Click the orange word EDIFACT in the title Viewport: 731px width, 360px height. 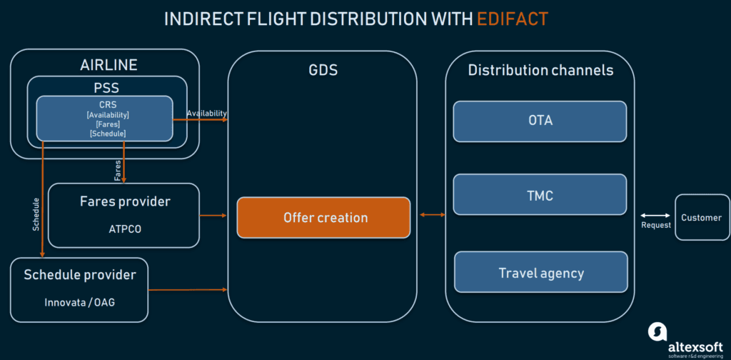click(x=513, y=19)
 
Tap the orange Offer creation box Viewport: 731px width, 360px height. click(x=323, y=217)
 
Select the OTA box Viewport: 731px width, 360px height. click(x=540, y=121)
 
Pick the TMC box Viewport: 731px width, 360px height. click(x=540, y=194)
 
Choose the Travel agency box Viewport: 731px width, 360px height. click(x=541, y=272)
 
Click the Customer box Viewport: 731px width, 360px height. click(x=702, y=217)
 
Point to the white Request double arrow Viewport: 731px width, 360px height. click(x=655, y=216)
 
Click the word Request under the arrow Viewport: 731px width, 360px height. click(x=655, y=225)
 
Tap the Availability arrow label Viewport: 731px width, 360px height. click(x=206, y=113)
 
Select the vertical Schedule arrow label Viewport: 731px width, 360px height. click(x=36, y=214)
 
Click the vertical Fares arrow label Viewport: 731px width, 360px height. click(x=118, y=171)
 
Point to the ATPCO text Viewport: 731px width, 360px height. click(x=124, y=229)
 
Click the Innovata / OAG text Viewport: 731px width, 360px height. click(x=80, y=302)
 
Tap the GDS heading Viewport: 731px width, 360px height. click(x=323, y=70)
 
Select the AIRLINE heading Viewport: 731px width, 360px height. click(x=109, y=64)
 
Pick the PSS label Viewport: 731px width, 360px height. click(x=107, y=87)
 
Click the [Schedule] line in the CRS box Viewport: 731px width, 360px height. click(x=108, y=134)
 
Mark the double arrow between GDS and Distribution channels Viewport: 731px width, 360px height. click(x=433, y=214)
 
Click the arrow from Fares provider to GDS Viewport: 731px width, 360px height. click(x=213, y=216)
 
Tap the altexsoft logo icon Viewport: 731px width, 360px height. click(x=657, y=331)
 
